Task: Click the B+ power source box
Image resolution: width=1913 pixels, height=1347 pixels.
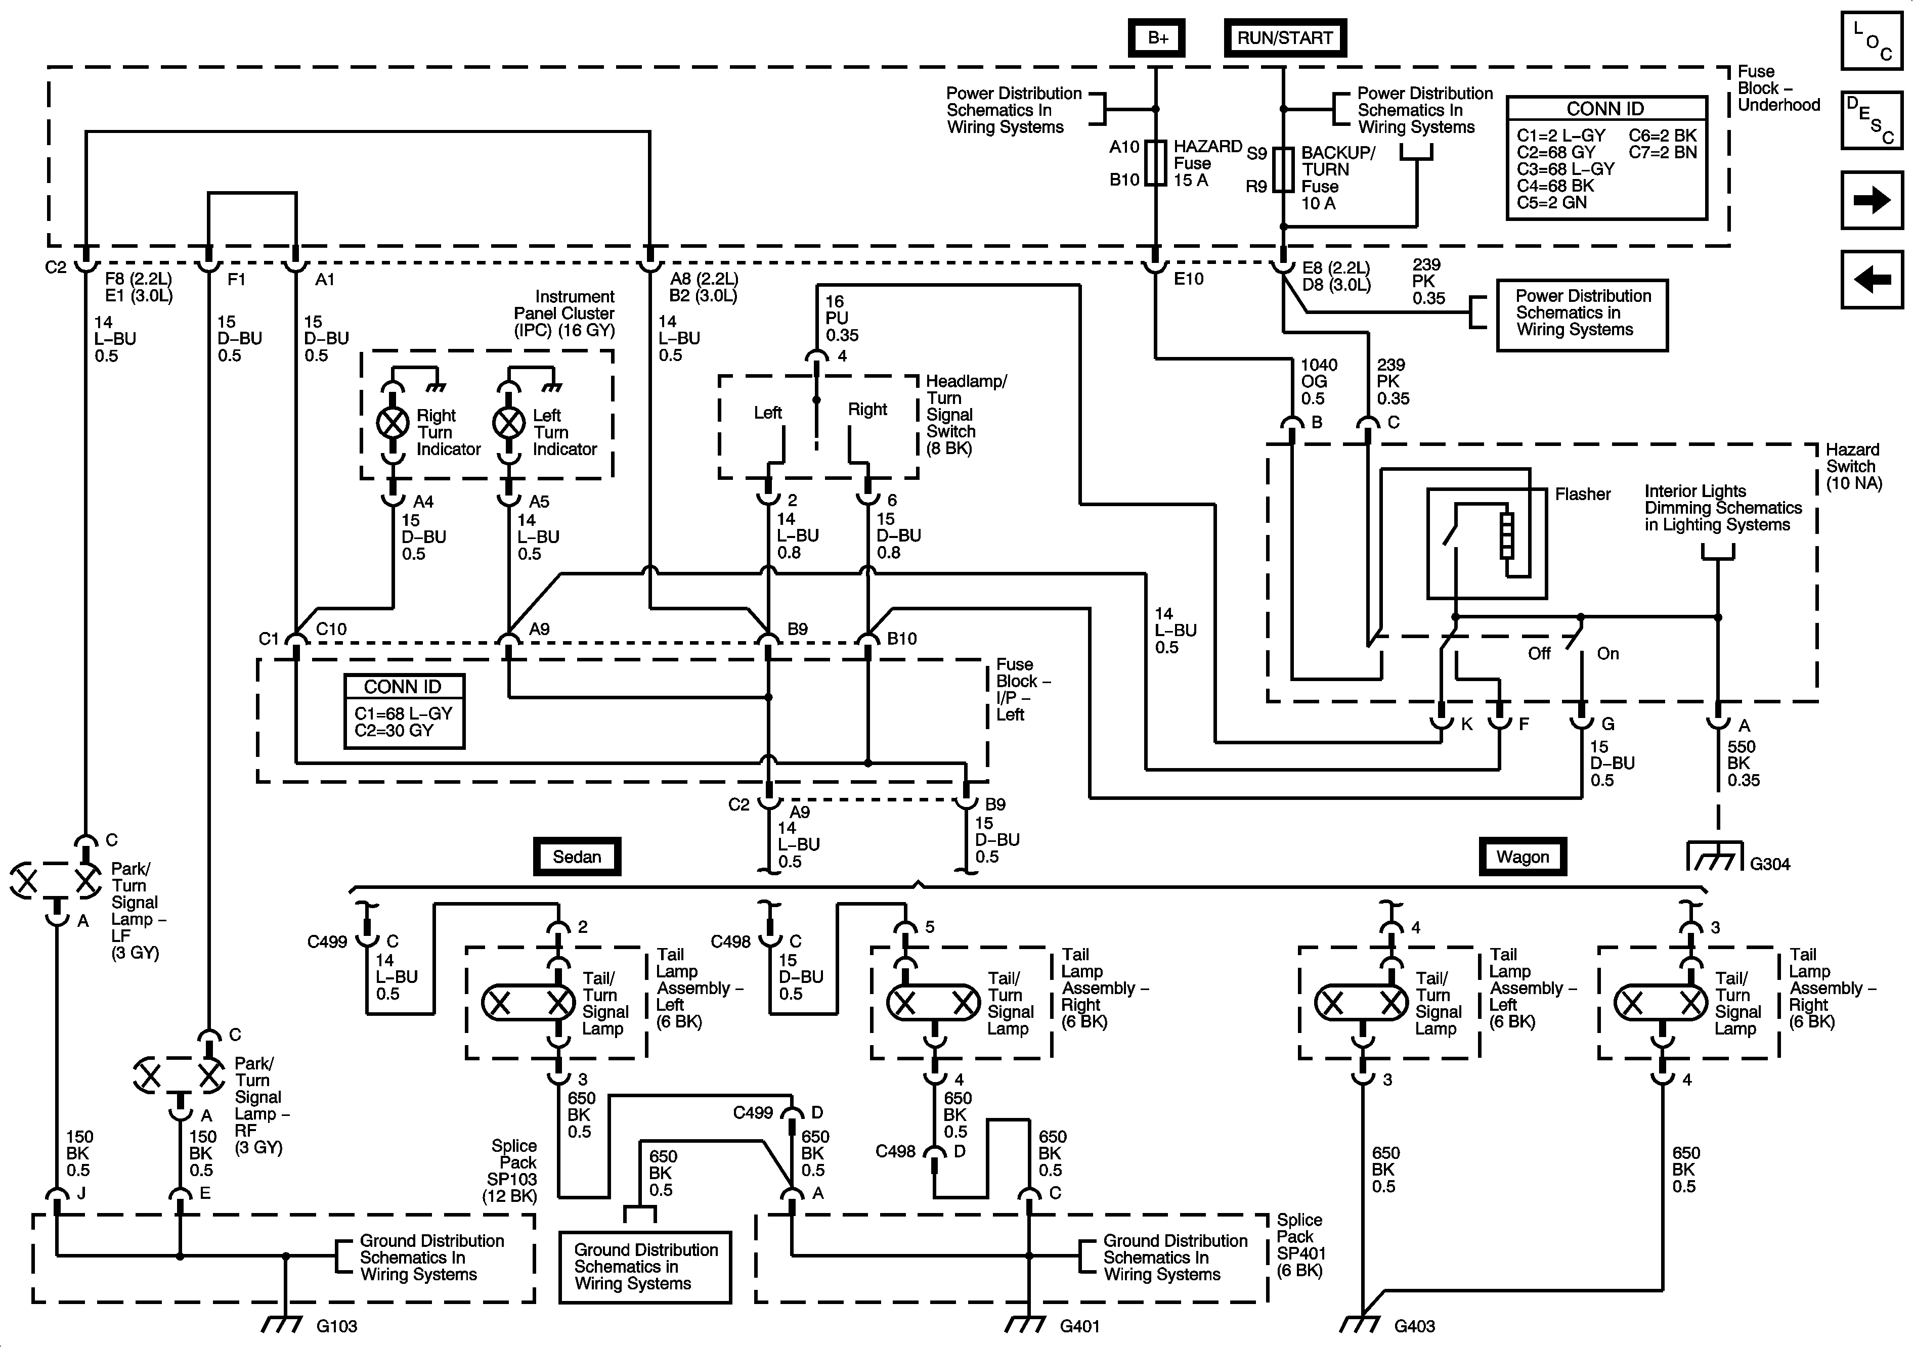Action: (1156, 37)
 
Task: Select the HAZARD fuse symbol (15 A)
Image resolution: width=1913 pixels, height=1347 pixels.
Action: (1156, 162)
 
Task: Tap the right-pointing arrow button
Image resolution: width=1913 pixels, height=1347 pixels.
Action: (1872, 200)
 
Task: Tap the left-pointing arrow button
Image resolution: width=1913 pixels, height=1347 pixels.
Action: (1872, 279)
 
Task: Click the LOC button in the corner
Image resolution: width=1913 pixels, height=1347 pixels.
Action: (1872, 40)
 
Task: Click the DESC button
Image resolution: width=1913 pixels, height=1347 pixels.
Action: (1872, 120)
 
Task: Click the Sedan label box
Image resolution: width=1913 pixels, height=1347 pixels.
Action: (577, 857)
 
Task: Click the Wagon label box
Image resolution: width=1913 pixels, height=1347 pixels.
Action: (1522, 857)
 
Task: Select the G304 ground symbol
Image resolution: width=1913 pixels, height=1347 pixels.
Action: (1715, 858)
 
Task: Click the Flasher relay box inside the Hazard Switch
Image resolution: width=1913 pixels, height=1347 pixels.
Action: (1487, 543)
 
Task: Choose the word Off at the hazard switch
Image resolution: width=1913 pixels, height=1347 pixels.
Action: (1539, 654)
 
